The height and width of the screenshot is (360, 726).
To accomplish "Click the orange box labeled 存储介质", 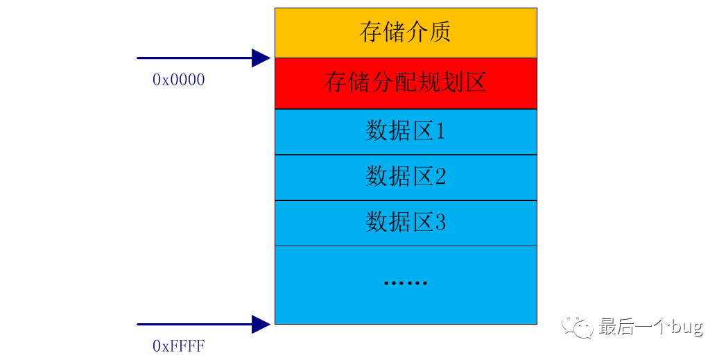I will coord(406,33).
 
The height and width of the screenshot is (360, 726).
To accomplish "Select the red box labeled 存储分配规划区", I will coord(406,83).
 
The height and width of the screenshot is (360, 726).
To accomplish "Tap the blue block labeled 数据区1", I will coord(406,132).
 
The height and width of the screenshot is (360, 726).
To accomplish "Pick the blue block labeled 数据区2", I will coord(406,178).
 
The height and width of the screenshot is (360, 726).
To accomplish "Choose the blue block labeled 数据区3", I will coord(406,223).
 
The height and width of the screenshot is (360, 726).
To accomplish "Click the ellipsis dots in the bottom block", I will coord(406,283).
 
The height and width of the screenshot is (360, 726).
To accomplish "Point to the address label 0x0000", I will coord(178,80).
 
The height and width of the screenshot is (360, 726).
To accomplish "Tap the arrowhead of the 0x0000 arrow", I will coord(261,58).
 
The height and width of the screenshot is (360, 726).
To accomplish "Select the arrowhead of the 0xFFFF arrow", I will coord(261,324).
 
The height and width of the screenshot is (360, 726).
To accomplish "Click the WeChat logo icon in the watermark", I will coord(578,327).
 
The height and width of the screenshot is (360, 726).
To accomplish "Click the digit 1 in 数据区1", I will coord(439,132).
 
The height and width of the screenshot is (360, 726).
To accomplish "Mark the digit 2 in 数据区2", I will coord(439,178).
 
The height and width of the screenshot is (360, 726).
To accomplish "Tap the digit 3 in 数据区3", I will coord(439,223).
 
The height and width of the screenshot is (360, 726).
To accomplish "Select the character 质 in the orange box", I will coord(440,33).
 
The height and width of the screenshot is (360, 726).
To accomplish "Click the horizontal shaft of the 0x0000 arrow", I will coord(194,58).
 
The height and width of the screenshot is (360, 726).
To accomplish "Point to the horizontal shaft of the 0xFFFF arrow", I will coord(194,324).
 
